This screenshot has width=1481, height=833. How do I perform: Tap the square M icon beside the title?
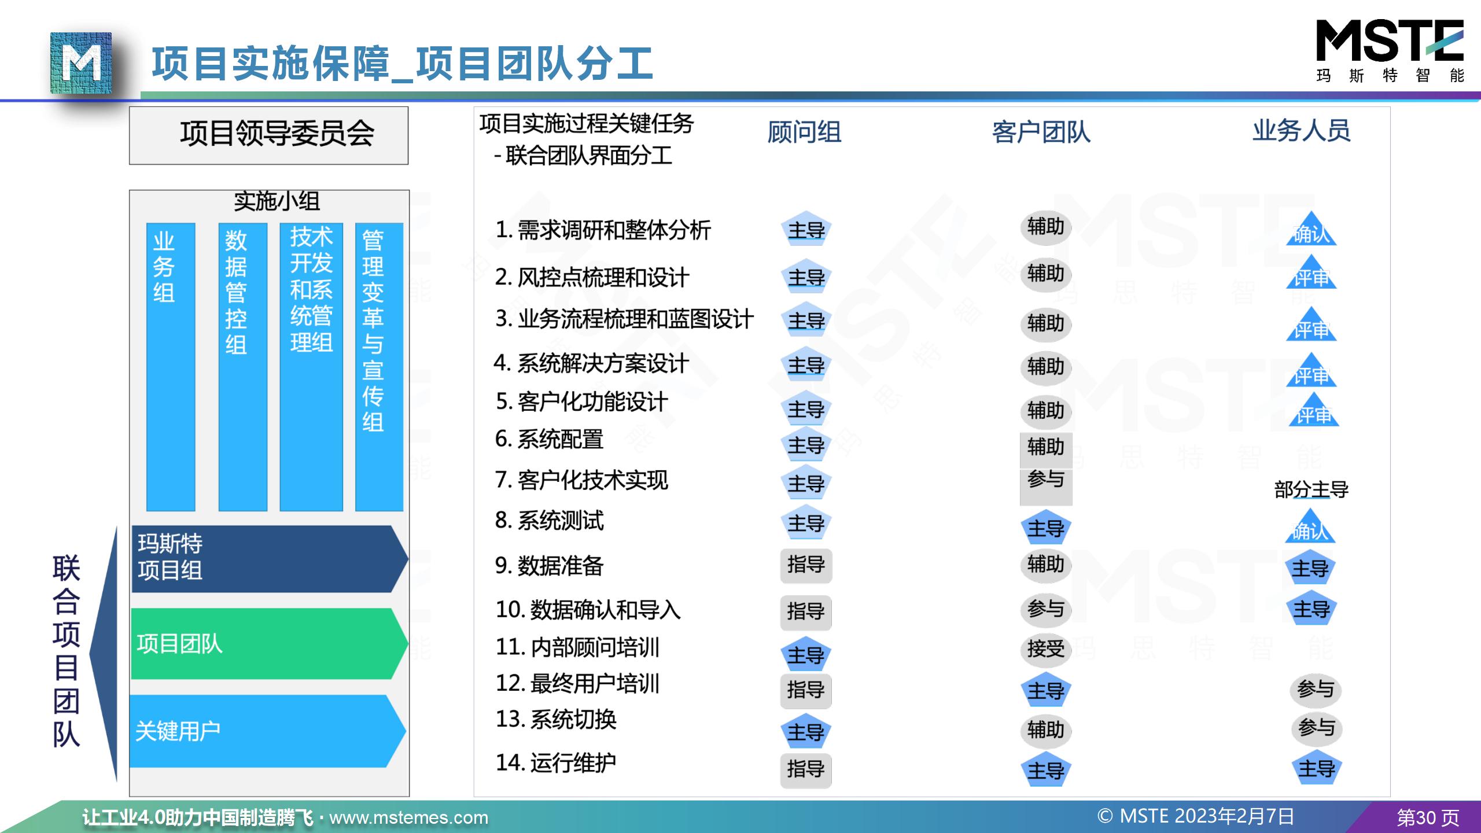pos(81,64)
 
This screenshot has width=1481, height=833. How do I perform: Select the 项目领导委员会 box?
pos(268,135)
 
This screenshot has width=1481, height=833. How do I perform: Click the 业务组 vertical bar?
pos(171,367)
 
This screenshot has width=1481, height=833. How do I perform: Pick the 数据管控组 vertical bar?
pos(243,367)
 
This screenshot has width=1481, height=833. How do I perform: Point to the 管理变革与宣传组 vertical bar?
pos(379,367)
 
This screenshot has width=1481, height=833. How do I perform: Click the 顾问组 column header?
pos(804,132)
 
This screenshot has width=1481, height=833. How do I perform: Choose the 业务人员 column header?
pos(1301,131)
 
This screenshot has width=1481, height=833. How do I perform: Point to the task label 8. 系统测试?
pos(549,521)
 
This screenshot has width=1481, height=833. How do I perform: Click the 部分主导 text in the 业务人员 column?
pos(1311,490)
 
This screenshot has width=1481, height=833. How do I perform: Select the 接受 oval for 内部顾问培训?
pos(1045,649)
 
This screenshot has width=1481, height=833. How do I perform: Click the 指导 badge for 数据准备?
pos(806,565)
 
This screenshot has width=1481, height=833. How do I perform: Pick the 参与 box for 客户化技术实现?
pos(1045,480)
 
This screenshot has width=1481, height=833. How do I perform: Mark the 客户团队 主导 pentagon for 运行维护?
pos(1045,771)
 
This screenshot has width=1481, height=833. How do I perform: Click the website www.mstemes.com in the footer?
pos(408,817)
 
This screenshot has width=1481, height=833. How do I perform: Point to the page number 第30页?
pos(1428,817)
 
